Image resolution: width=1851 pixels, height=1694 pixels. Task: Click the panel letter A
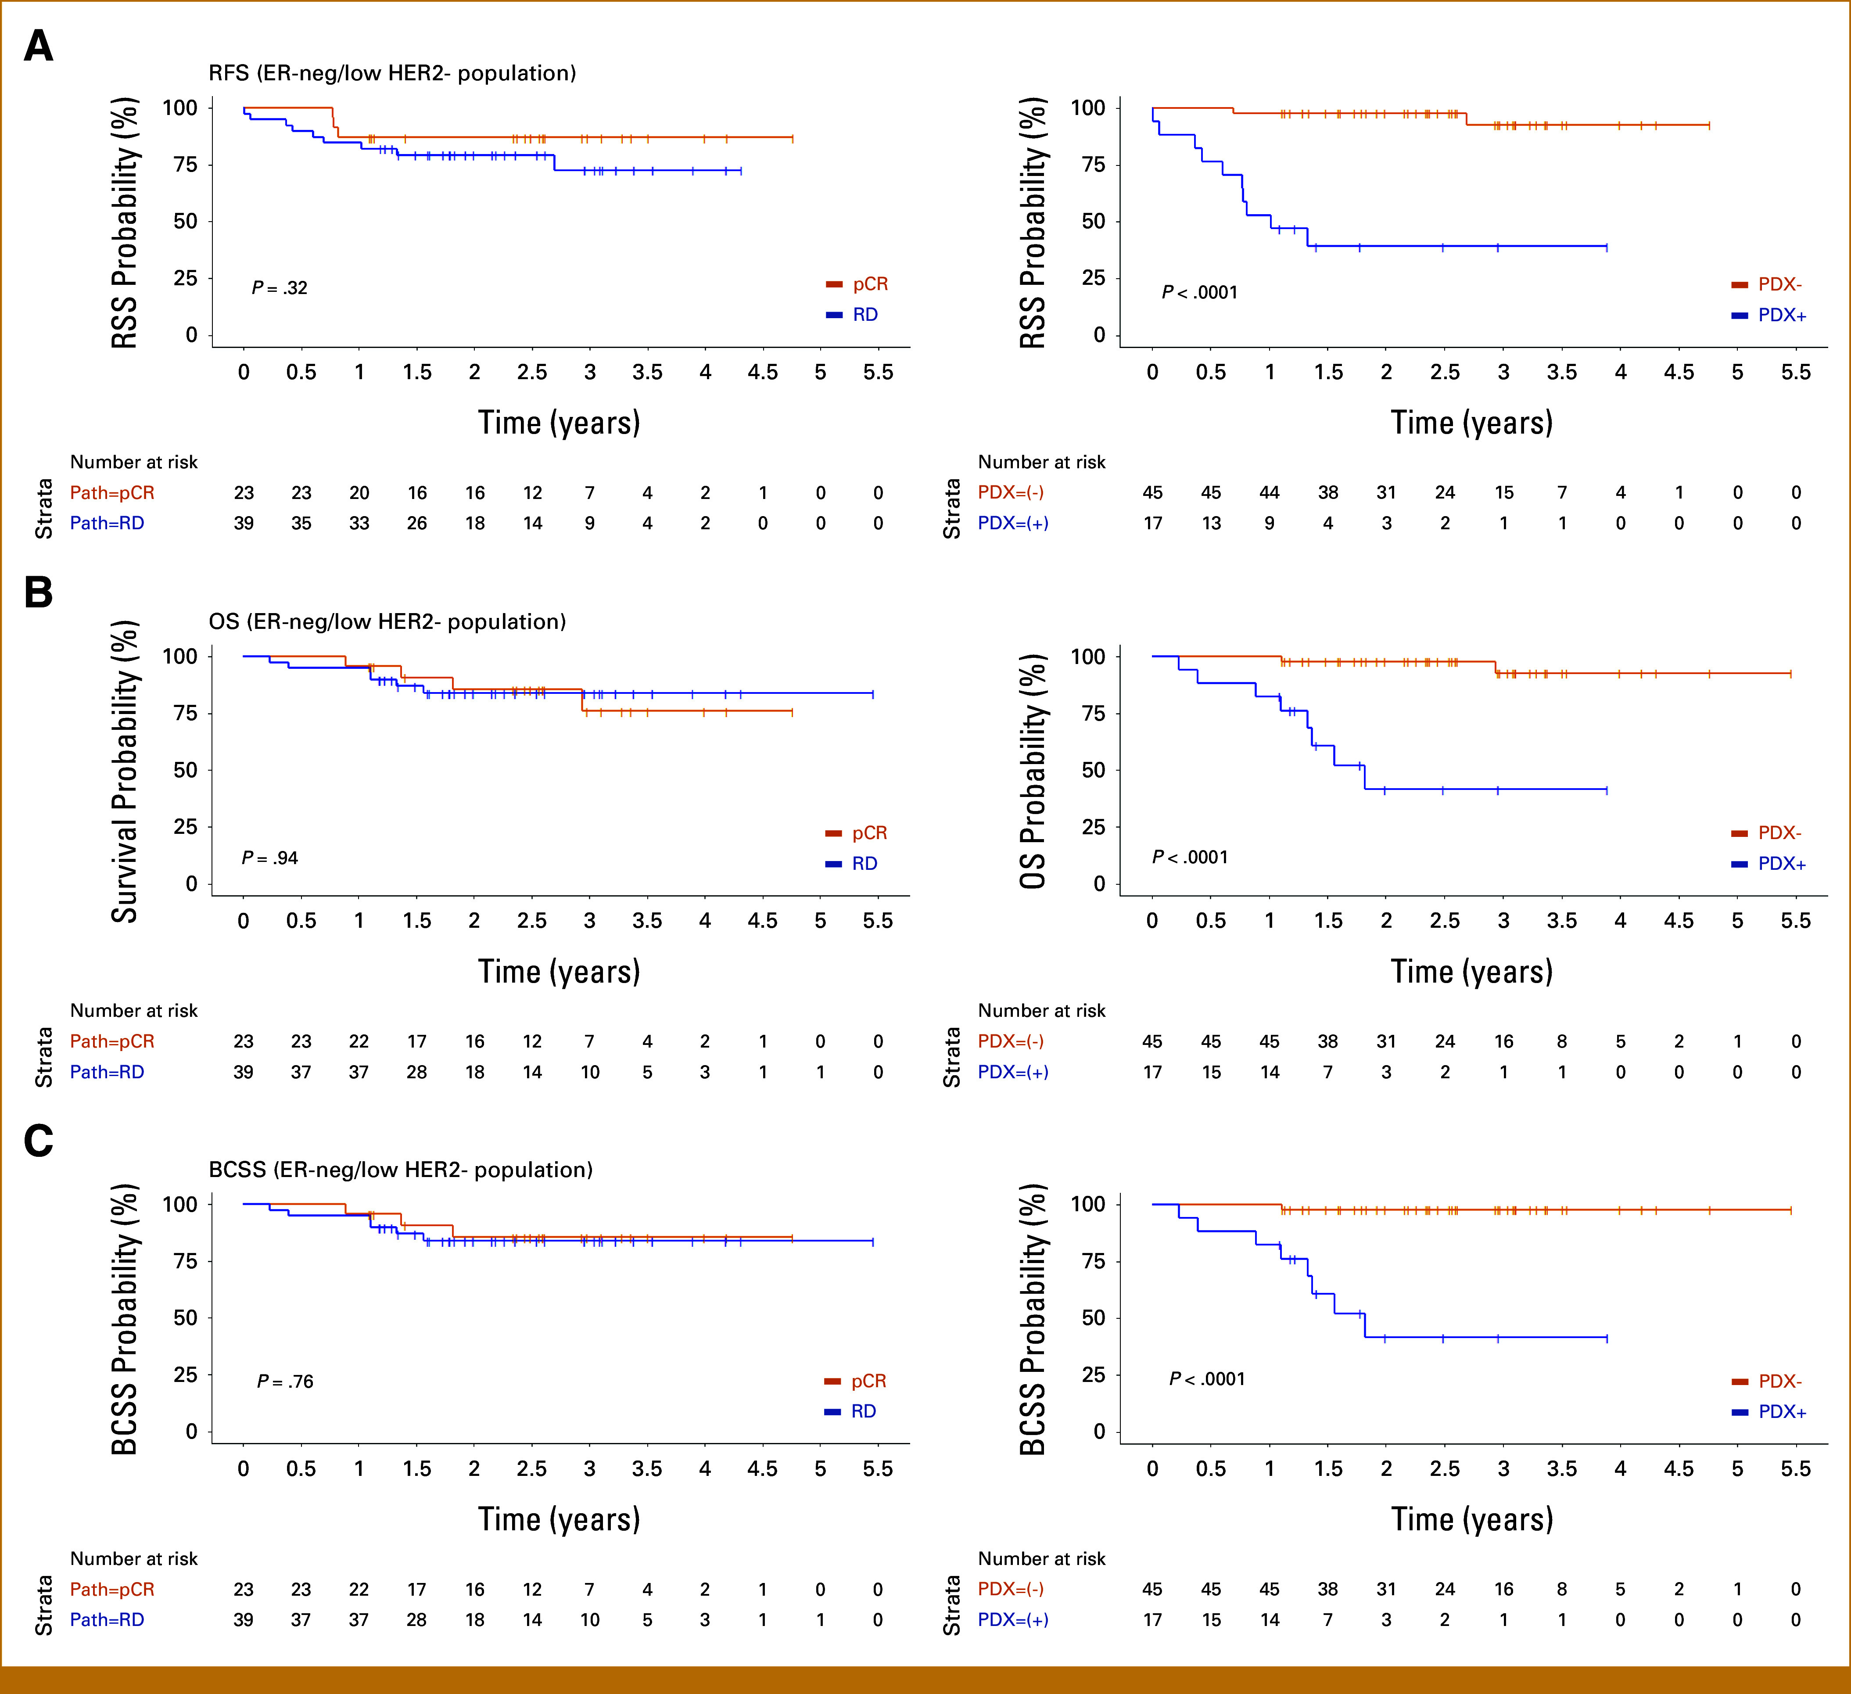point(39,46)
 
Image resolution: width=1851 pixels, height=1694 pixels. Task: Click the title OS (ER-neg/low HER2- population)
point(387,621)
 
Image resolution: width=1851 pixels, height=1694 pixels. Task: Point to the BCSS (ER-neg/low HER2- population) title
point(400,1170)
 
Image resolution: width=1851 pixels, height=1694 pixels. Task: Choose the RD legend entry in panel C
point(850,1411)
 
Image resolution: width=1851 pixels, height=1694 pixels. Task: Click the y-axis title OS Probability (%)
point(1033,771)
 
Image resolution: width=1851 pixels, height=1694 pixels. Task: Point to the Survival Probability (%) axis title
point(124,771)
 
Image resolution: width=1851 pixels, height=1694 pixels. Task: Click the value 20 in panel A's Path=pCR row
point(359,493)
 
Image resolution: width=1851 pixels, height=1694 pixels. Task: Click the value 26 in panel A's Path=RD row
point(417,524)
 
